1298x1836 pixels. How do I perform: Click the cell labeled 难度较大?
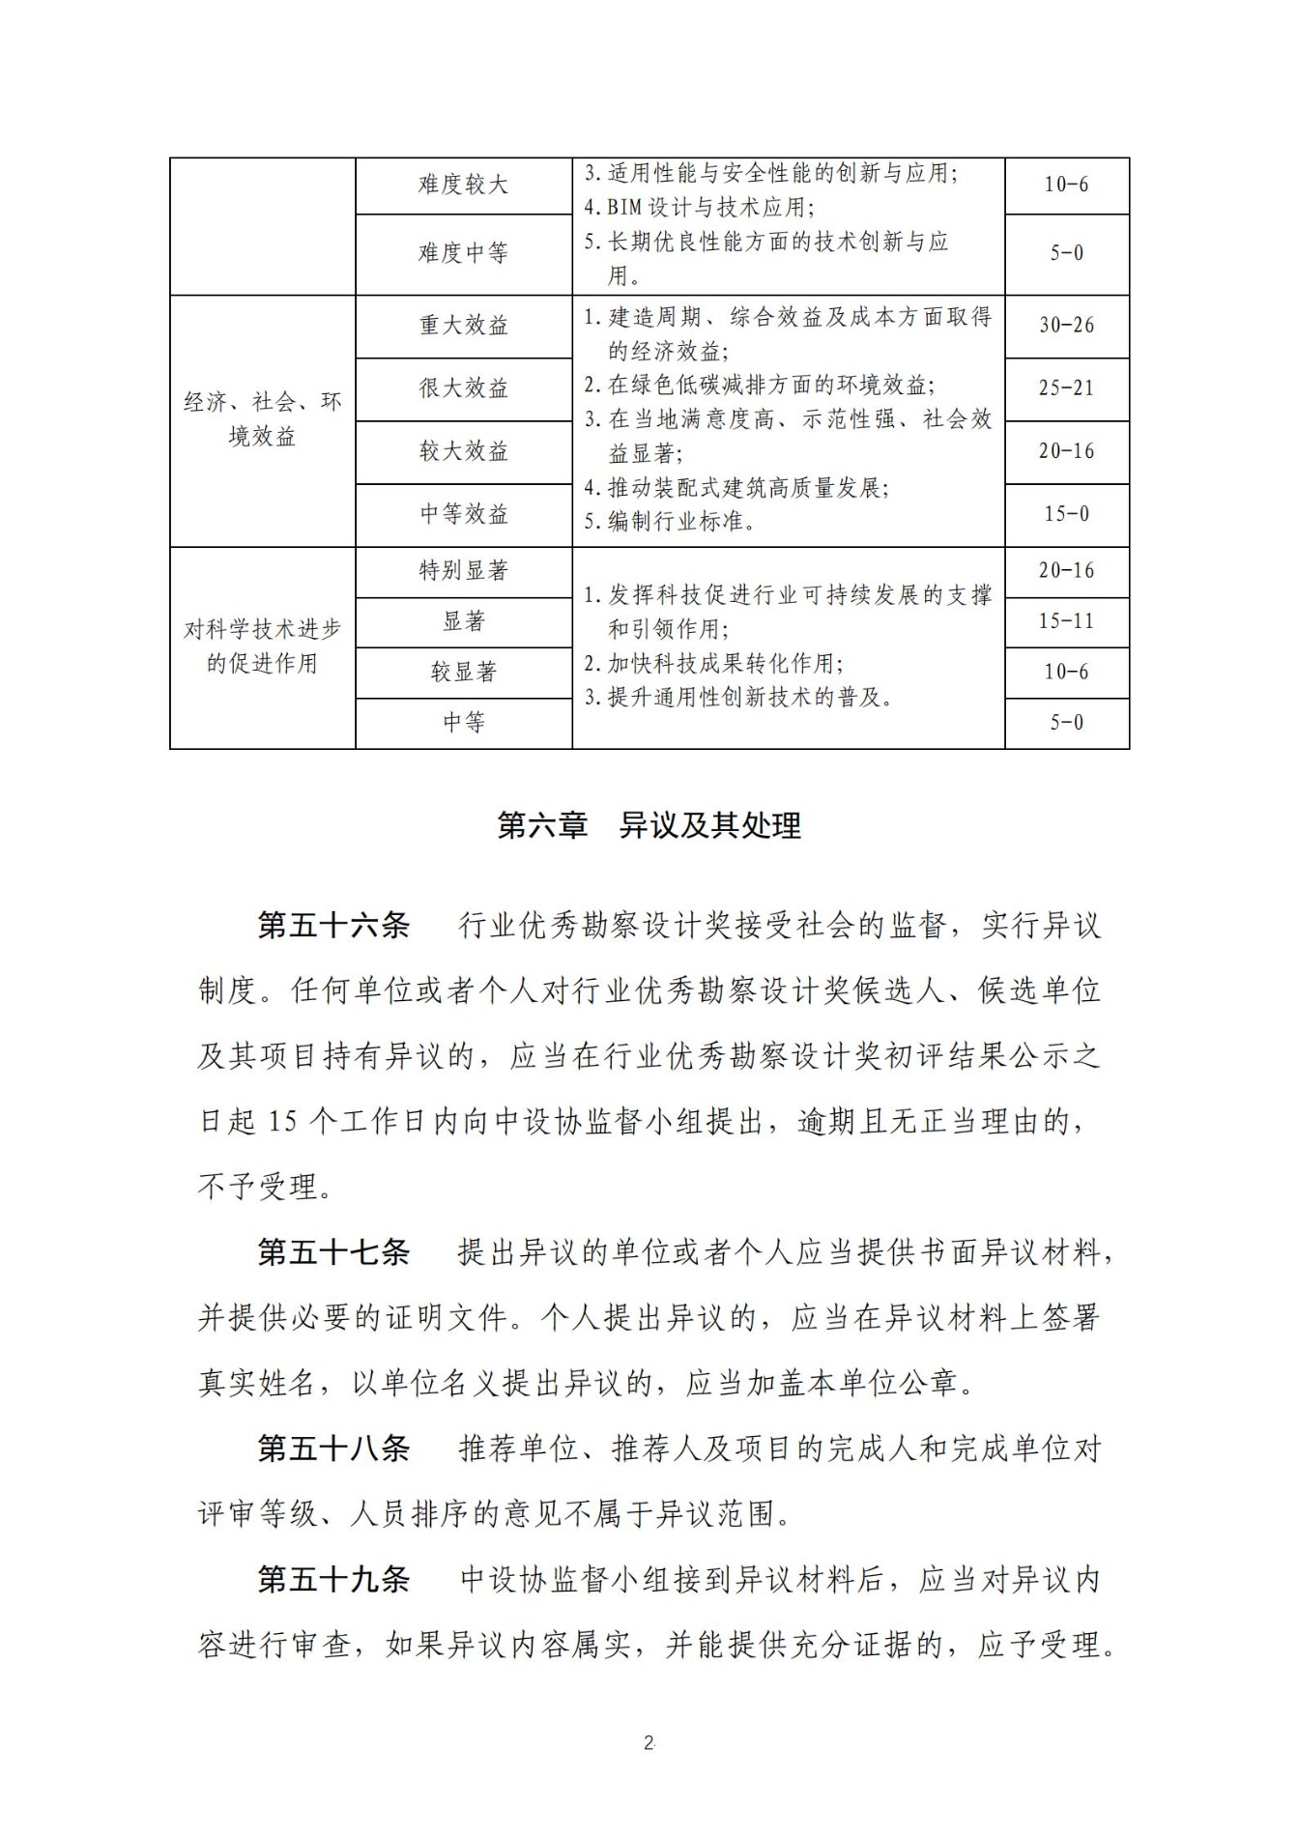click(463, 185)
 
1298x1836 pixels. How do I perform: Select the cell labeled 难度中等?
click(463, 253)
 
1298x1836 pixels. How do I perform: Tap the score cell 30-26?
click(1066, 326)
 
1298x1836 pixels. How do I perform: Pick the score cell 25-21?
click(1066, 388)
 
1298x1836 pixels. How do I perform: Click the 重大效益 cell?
click(463, 326)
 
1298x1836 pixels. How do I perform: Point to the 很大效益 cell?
click(463, 388)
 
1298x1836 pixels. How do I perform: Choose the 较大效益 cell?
click(463, 451)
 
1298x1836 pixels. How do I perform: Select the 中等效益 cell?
click(463, 514)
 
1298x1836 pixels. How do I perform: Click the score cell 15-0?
click(1066, 514)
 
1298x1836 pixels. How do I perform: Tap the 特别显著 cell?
click(463, 571)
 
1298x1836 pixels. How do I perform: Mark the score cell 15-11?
click(1066, 621)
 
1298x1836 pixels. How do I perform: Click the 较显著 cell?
click(463, 672)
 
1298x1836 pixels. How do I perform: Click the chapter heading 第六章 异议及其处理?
click(649, 825)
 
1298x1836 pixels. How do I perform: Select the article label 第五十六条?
click(333, 926)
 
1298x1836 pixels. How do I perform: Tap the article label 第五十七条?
click(333, 1252)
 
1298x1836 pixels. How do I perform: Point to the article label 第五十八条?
click(333, 1449)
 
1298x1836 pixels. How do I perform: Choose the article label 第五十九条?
click(333, 1579)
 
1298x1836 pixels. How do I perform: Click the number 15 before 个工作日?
click(282, 1122)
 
